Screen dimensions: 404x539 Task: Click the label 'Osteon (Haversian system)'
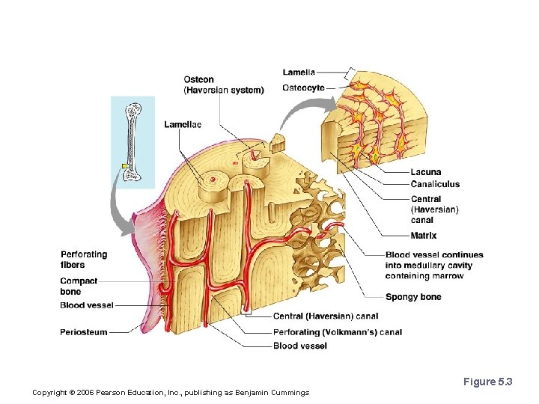pos(223,85)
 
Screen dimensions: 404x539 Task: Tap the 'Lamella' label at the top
pos(299,73)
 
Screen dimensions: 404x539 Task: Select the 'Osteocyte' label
pos(303,88)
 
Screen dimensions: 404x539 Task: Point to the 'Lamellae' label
pos(183,124)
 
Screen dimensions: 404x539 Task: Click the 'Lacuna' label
pos(425,173)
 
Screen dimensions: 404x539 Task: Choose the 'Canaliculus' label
pos(435,184)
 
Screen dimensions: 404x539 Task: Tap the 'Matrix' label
pos(423,236)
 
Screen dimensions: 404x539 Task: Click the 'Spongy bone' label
pos(413,297)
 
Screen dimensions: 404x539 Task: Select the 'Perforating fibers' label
pos(83,260)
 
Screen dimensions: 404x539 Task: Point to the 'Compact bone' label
pos(80,287)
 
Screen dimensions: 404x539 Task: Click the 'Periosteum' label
pos(83,332)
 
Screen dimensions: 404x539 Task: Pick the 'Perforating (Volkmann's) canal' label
pos(337,332)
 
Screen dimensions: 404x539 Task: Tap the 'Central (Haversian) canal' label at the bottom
pos(320,317)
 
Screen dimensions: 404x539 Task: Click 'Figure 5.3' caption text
pos(487,382)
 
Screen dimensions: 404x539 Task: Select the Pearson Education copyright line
pos(171,393)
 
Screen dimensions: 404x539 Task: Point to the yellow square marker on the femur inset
pos(124,165)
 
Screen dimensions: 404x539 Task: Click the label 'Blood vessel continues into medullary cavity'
pos(434,266)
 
